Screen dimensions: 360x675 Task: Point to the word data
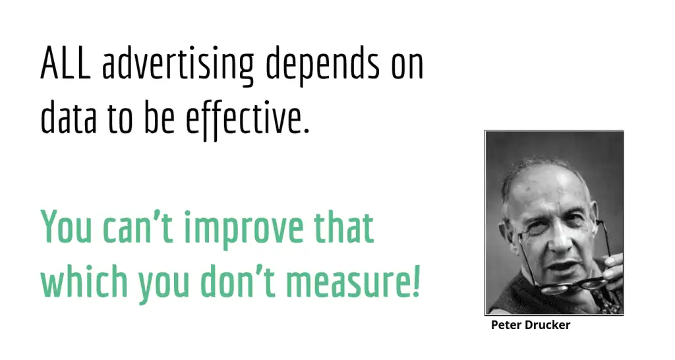(65, 118)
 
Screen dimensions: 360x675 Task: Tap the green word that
(343, 227)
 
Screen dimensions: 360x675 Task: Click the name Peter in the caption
(506, 325)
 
